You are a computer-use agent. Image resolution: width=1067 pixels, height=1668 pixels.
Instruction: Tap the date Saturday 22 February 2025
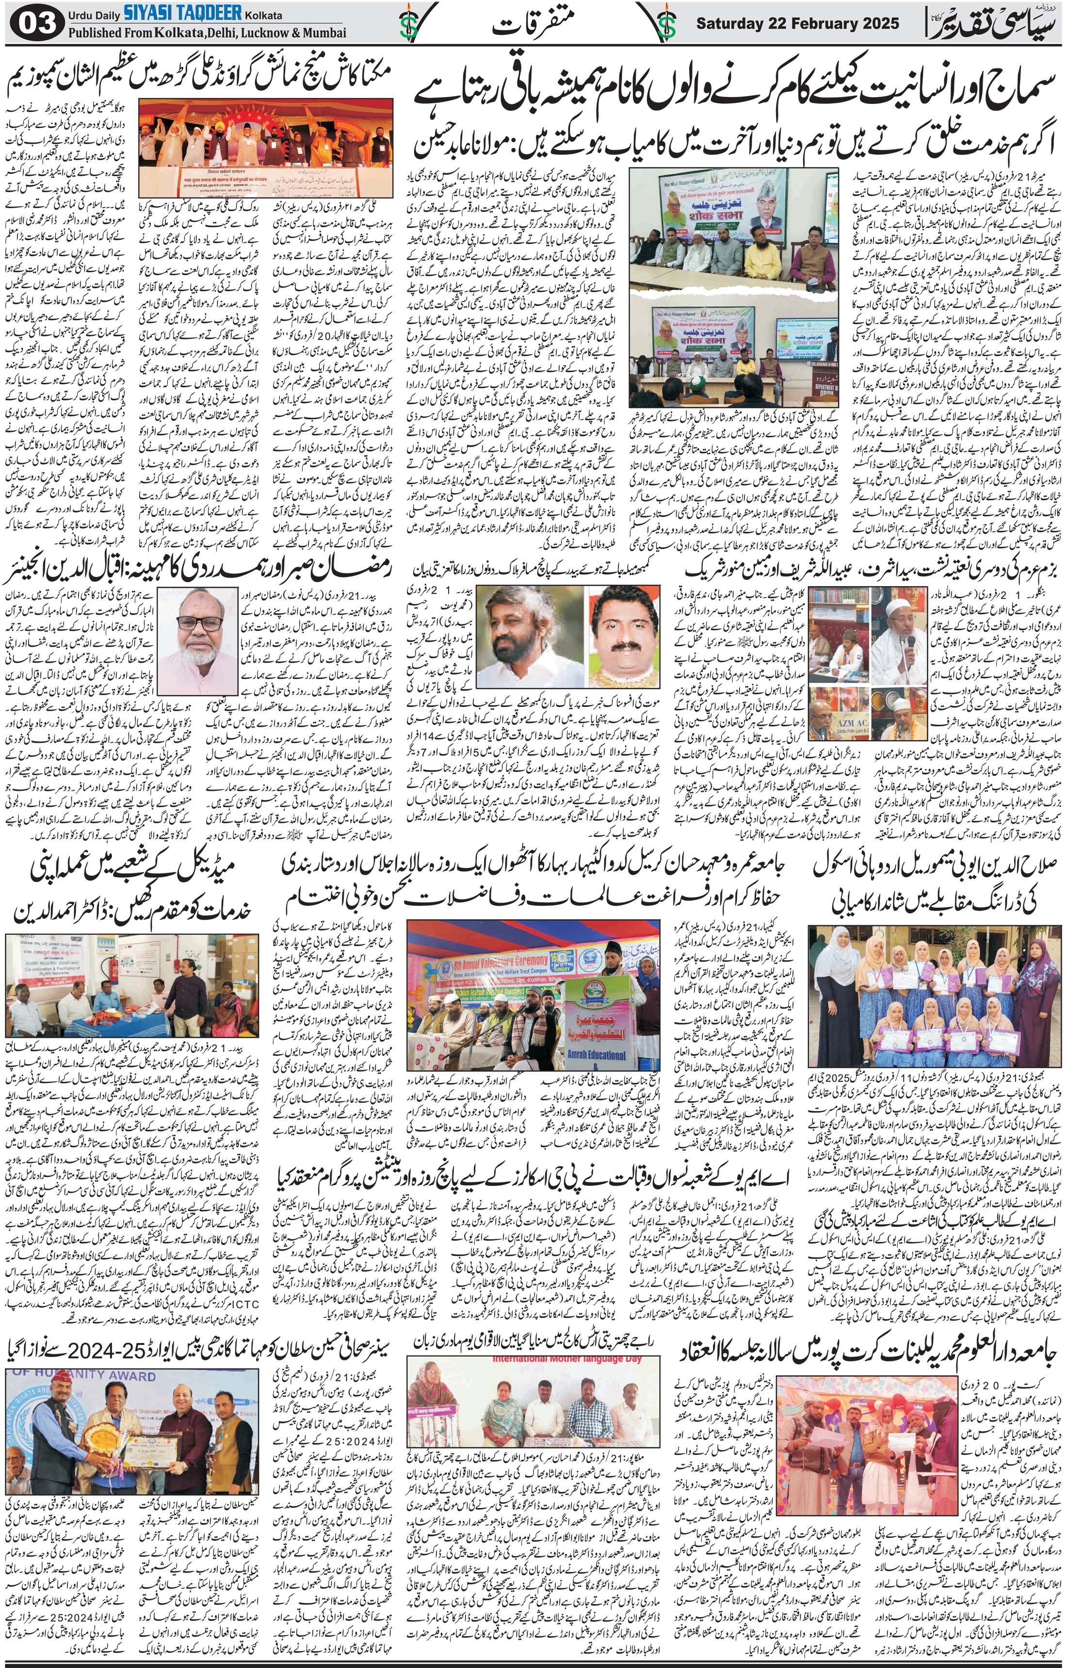click(797, 23)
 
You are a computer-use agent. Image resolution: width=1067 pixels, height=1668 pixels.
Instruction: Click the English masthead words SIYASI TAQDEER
click(182, 12)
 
